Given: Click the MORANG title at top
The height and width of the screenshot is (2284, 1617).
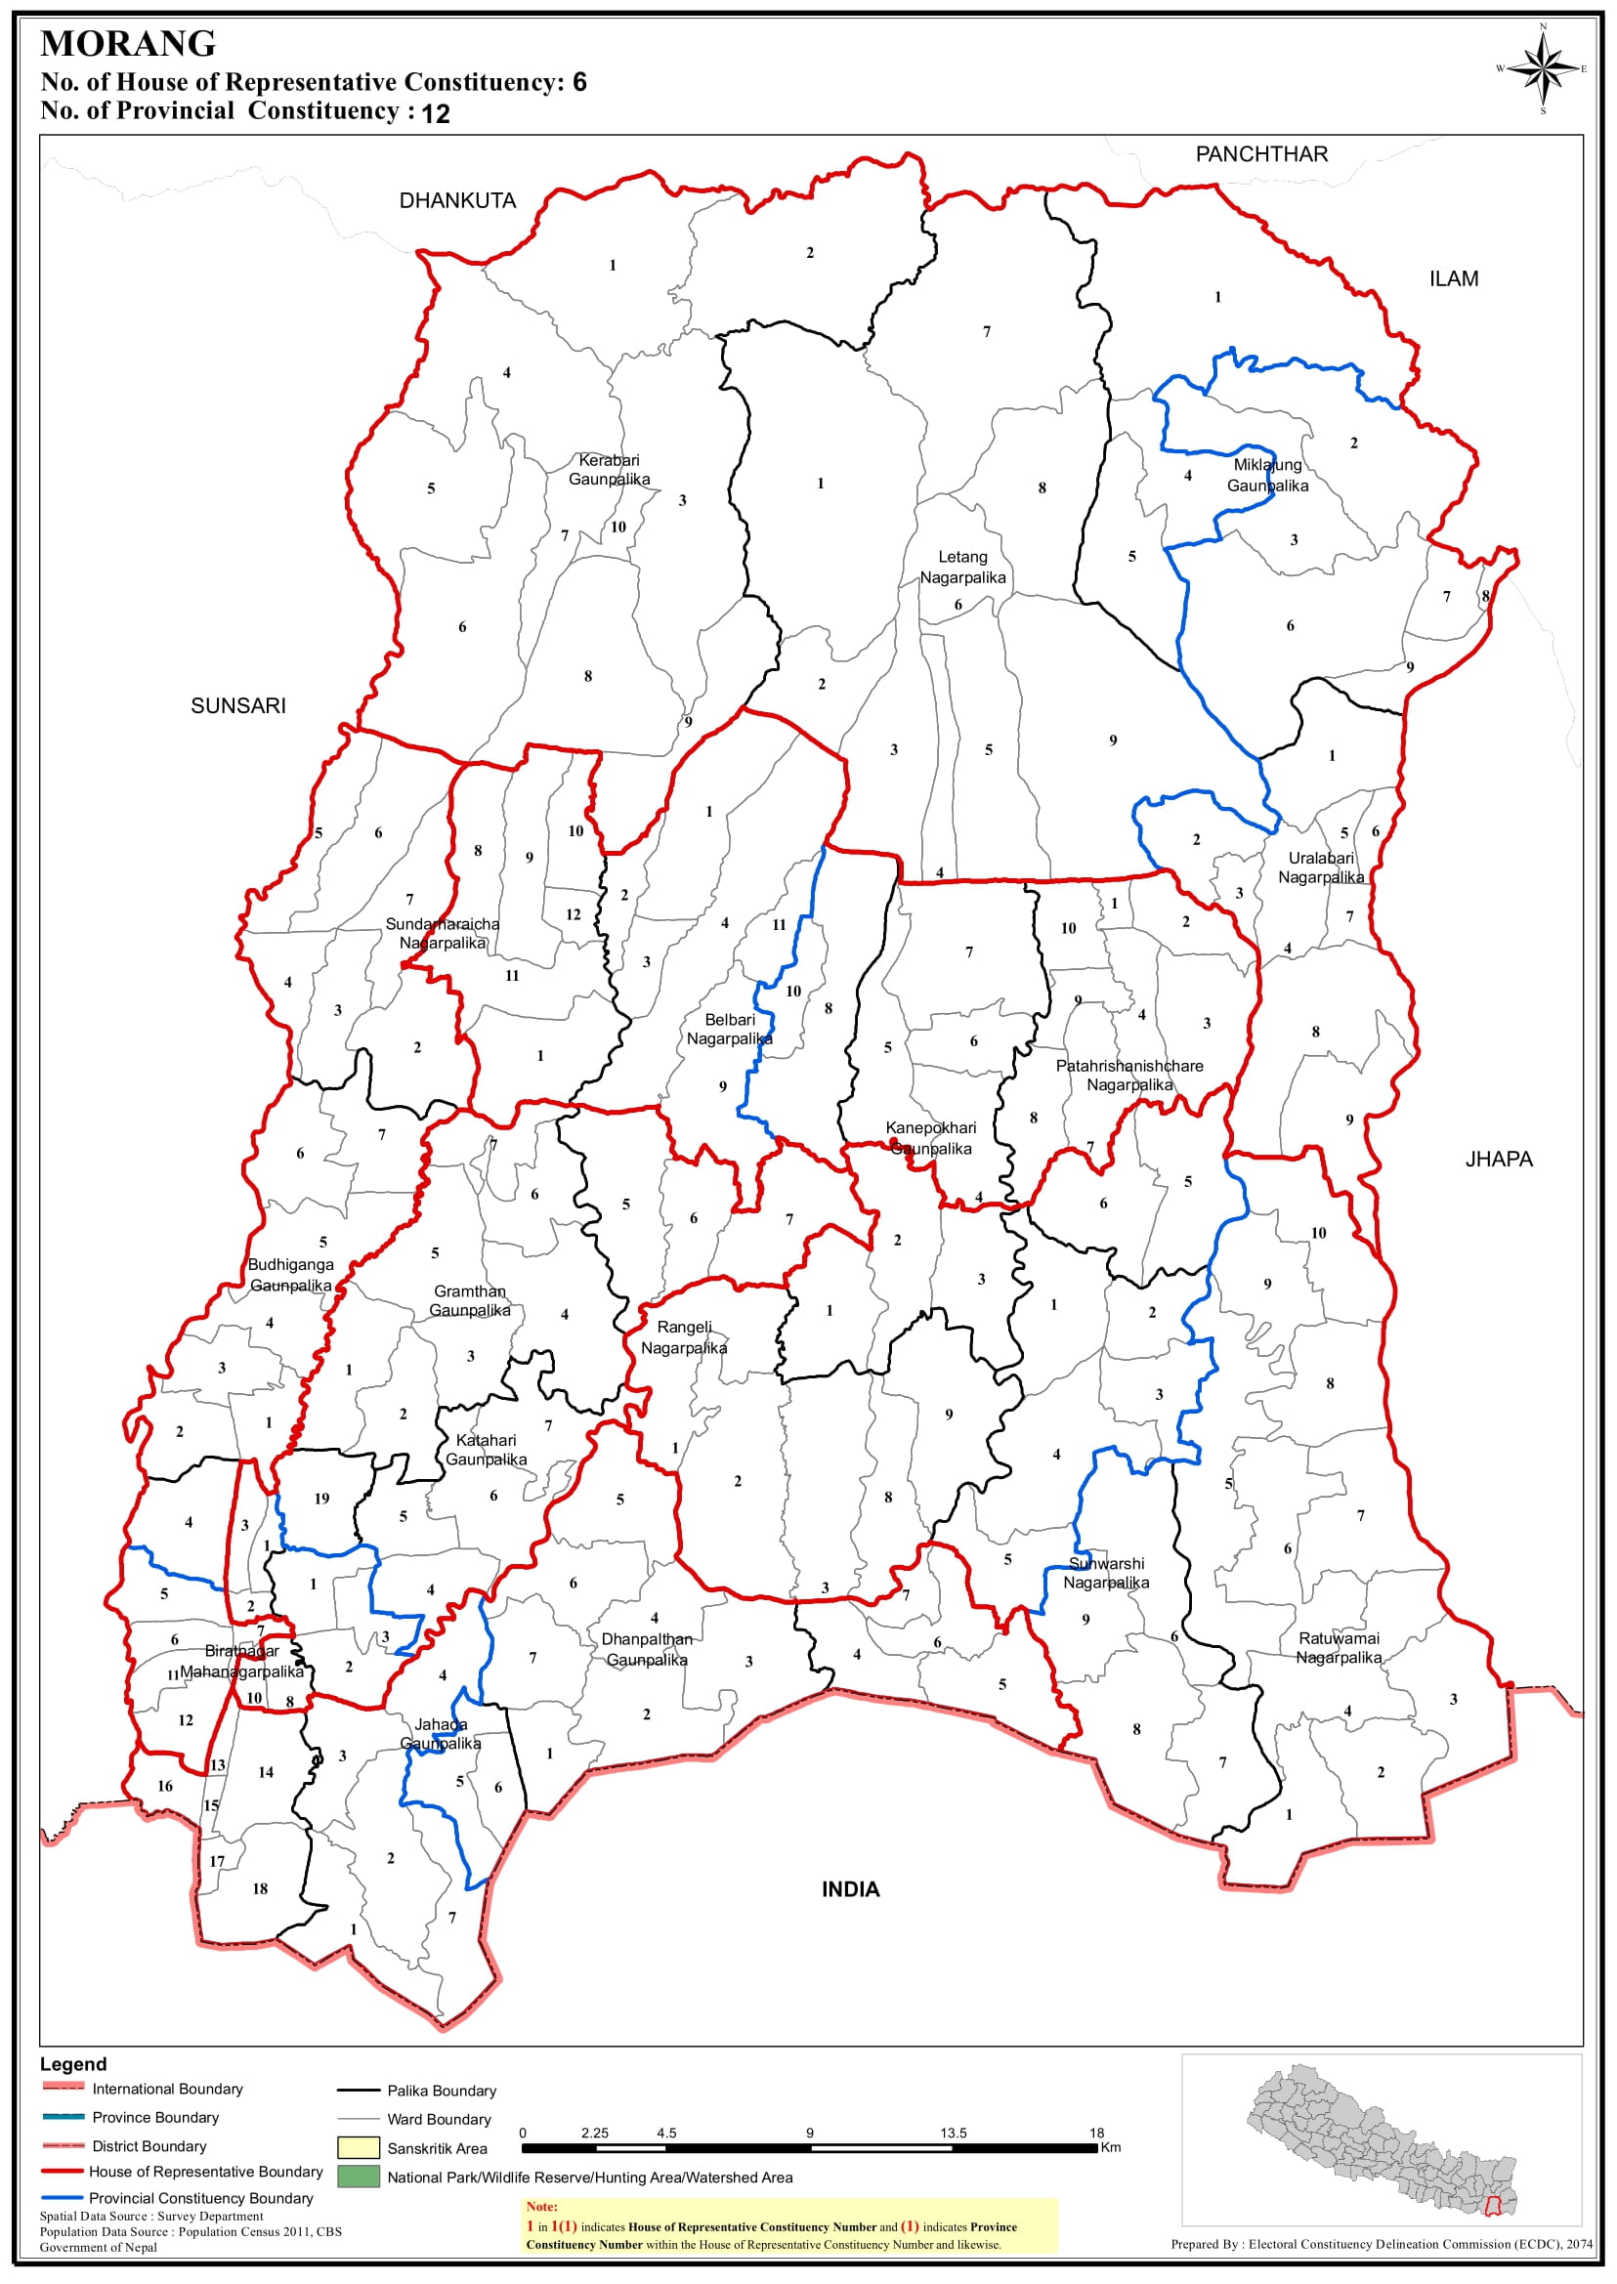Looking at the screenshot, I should pyautogui.click(x=127, y=44).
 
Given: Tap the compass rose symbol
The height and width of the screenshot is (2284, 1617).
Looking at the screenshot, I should pyautogui.click(x=1543, y=68).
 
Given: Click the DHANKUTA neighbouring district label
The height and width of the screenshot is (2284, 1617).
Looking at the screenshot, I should pyautogui.click(x=457, y=201).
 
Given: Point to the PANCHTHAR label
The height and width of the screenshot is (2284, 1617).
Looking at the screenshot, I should pyautogui.click(x=1260, y=154).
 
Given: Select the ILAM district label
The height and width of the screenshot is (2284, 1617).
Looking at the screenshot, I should pyautogui.click(x=1453, y=279).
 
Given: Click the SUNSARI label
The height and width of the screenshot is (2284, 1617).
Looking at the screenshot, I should pyautogui.click(x=238, y=706).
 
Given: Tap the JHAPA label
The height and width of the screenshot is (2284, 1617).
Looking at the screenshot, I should pyautogui.click(x=1498, y=1159).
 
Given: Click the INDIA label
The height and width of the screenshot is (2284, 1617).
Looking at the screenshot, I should pyautogui.click(x=849, y=1889).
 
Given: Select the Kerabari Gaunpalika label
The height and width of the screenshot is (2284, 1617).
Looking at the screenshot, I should pyautogui.click(x=609, y=470).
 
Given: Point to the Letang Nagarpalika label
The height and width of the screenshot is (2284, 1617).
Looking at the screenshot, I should pyautogui.click(x=961, y=568).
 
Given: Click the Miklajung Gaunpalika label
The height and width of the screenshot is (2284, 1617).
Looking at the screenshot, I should pyautogui.click(x=1266, y=475).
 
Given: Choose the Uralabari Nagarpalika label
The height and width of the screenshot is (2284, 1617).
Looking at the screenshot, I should pyautogui.click(x=1320, y=867).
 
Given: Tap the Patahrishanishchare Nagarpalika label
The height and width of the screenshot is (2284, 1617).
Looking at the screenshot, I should pyautogui.click(x=1129, y=1076).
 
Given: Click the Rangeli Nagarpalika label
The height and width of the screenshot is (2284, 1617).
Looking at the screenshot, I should pyautogui.click(x=683, y=1337).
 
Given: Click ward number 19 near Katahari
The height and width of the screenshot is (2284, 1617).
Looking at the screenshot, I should pyautogui.click(x=321, y=1499).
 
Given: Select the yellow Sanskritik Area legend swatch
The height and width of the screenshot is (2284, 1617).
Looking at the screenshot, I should pyautogui.click(x=359, y=2147).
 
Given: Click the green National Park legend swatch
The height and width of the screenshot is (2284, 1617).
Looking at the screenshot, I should pyautogui.click(x=359, y=2177).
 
